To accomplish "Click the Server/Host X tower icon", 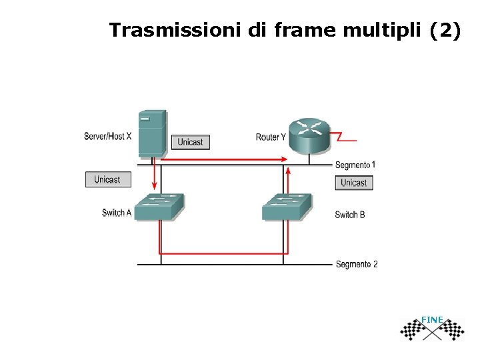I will (x=153, y=133).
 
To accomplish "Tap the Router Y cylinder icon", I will (x=309, y=135).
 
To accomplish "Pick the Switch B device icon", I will (x=287, y=206).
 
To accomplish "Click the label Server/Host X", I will (x=108, y=137).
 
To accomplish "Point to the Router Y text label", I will (x=271, y=137).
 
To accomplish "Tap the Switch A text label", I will (x=117, y=213).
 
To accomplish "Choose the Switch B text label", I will (x=350, y=215).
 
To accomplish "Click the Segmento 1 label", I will (x=355, y=165).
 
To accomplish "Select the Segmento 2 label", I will (x=357, y=264).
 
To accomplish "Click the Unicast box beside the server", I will (x=191, y=142).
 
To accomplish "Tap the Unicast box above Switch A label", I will (x=107, y=179).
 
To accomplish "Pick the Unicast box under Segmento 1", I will (x=353, y=183).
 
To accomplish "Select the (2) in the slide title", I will (x=444, y=31).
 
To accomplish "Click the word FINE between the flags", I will (x=432, y=321).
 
